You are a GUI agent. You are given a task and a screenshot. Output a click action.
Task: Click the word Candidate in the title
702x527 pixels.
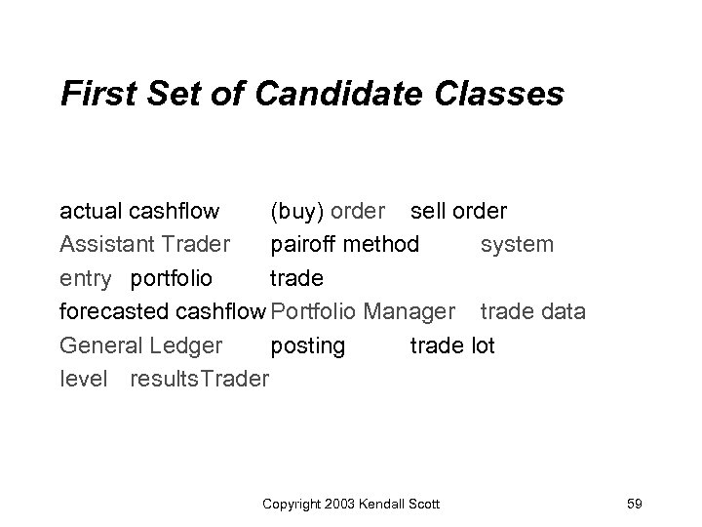(x=311, y=94)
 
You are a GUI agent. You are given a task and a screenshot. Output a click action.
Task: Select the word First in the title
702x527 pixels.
(x=95, y=94)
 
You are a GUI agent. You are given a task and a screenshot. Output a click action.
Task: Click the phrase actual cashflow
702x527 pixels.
(x=139, y=211)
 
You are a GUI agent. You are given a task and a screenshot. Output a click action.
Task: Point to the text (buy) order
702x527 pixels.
(x=328, y=211)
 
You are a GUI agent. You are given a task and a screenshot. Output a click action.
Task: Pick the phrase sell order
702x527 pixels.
(x=458, y=211)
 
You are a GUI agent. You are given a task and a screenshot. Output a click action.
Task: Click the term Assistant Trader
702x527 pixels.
(x=145, y=244)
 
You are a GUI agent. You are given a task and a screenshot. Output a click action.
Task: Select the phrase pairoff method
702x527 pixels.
(x=345, y=244)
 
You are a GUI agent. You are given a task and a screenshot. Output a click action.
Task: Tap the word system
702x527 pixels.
(x=517, y=244)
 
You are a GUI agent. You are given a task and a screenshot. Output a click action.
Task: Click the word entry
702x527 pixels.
(x=86, y=278)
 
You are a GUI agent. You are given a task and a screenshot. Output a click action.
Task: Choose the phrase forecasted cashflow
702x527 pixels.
(x=163, y=312)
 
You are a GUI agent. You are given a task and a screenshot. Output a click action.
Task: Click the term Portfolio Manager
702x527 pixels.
(x=363, y=312)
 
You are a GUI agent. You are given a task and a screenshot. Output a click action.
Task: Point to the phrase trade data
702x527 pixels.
(x=531, y=312)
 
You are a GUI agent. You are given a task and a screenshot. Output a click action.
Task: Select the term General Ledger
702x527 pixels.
(x=141, y=345)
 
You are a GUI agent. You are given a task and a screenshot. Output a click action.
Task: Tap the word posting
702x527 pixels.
(x=307, y=345)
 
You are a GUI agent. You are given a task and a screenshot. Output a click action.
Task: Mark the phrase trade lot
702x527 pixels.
(x=452, y=345)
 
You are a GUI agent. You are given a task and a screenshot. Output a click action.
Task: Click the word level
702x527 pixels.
(x=84, y=379)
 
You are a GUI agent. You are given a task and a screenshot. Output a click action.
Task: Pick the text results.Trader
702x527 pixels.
(x=199, y=379)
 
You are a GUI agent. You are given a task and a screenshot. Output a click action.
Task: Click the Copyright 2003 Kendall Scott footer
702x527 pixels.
(x=351, y=503)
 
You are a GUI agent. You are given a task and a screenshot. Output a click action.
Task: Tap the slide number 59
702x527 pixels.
(x=634, y=503)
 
